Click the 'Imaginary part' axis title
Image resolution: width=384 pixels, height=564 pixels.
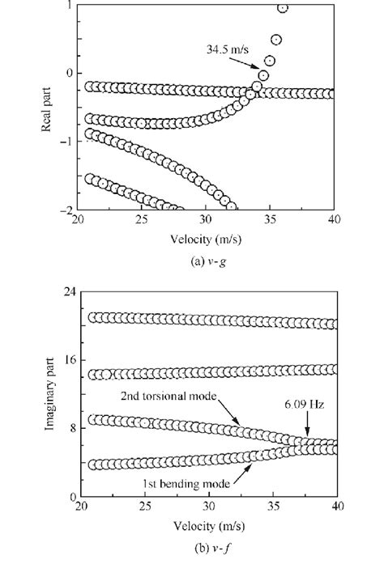pyautogui.click(x=51, y=394)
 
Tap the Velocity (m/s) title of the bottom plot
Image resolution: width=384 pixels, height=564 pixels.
pyautogui.click(x=207, y=524)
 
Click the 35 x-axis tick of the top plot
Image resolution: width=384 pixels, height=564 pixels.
pyautogui.click(x=270, y=221)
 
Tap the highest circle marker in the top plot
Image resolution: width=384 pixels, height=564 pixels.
pyautogui.click(x=283, y=8)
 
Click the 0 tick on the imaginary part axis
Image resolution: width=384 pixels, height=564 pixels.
pyautogui.click(x=70, y=496)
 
